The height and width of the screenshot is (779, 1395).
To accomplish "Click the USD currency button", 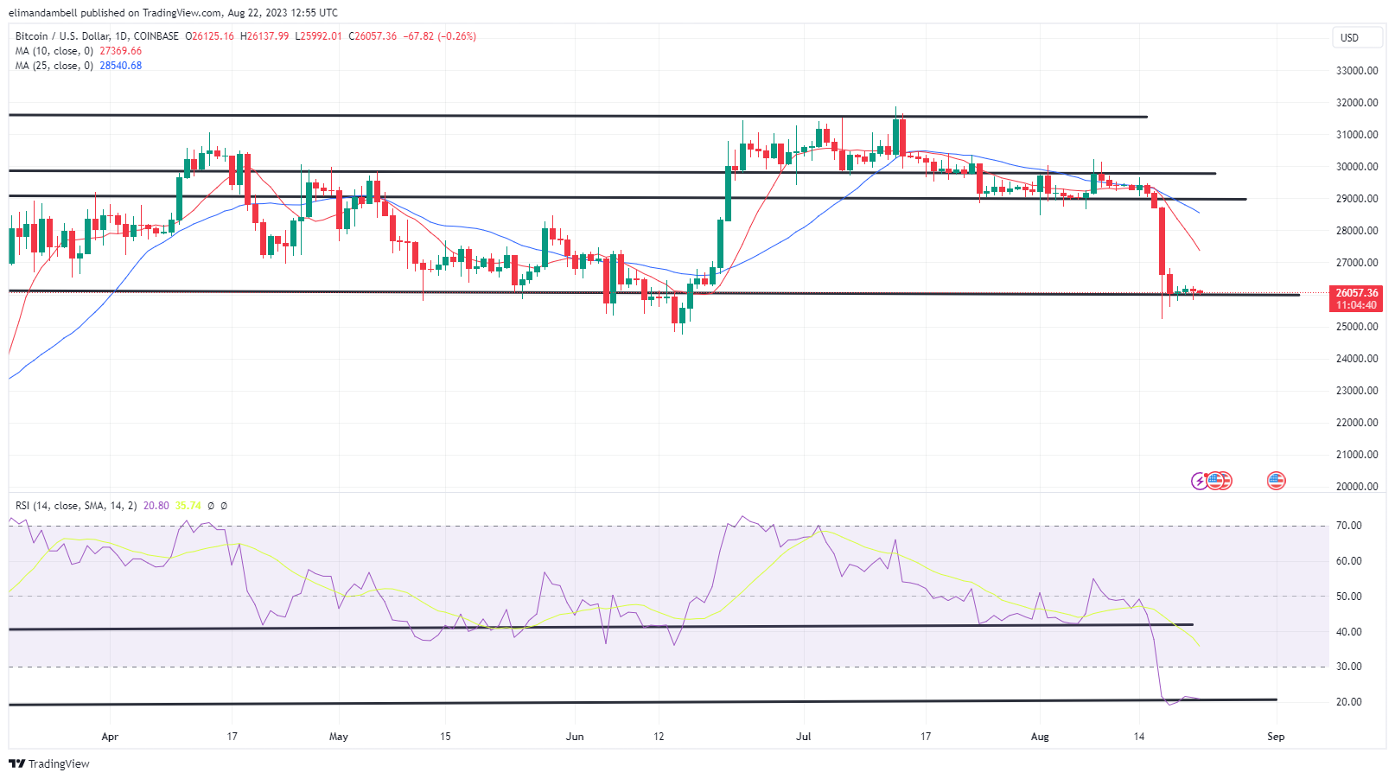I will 1349,37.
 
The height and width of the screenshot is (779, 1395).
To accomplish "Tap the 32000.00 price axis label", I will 1357,103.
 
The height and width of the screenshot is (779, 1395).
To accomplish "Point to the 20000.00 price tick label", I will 1357,487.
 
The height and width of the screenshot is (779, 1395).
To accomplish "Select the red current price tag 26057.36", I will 1356,293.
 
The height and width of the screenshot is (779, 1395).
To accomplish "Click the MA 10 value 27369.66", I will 120,51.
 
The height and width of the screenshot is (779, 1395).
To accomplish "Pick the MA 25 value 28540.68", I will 120,66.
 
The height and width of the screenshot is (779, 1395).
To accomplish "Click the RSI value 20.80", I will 156,506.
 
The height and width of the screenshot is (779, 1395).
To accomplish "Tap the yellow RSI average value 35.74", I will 188,506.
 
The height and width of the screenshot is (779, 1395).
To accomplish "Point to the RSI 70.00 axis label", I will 1348,526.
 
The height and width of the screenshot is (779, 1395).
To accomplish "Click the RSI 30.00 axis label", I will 1348,667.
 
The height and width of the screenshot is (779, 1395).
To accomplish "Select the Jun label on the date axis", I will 574,737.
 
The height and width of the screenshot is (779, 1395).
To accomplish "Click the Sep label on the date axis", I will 1276,737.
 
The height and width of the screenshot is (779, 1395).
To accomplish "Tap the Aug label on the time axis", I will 1040,737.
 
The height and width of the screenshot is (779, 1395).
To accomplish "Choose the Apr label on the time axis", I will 110,737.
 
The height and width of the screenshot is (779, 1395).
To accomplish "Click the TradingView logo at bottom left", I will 49,763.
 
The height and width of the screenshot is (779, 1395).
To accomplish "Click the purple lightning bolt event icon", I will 1199,481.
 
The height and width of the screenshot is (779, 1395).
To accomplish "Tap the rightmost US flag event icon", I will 1276,481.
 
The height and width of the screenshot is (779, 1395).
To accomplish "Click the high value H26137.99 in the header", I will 264,36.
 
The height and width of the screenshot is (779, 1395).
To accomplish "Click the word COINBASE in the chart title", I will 156,36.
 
